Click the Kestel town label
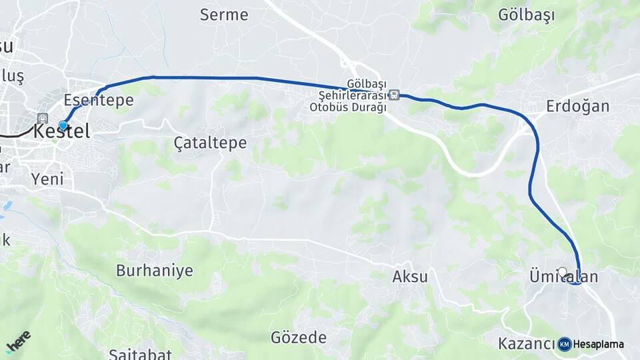(61, 132)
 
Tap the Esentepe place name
(99, 101)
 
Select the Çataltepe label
(210, 143)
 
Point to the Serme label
(224, 15)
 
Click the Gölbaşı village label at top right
(527, 15)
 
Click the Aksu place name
(410, 277)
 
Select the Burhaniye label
(154, 271)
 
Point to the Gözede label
(299, 337)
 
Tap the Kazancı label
(526, 344)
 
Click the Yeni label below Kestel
(47, 179)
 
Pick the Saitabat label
(140, 354)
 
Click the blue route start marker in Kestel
(63, 125)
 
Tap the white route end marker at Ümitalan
(562, 271)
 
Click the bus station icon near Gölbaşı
(395, 95)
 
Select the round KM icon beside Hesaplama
(565, 344)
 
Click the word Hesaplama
(598, 345)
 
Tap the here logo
(18, 342)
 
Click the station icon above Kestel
(43, 118)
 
